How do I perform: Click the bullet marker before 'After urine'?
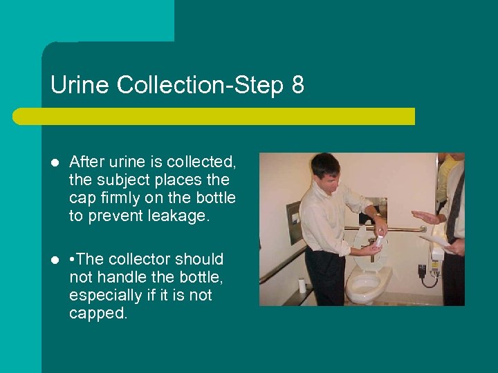[55, 163]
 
